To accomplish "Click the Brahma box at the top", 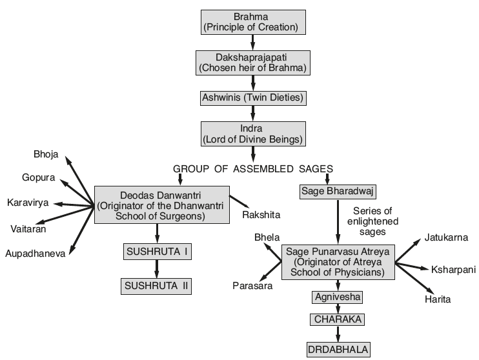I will [x=252, y=21].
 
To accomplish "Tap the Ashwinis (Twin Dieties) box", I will [x=252, y=98].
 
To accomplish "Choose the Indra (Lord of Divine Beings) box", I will [x=252, y=134].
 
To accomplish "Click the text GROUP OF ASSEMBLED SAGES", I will [x=252, y=169].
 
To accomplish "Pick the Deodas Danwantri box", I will [x=161, y=204].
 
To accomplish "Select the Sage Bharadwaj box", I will [x=338, y=192].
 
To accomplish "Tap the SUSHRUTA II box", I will [x=157, y=286].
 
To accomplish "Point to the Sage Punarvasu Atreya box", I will [x=338, y=262].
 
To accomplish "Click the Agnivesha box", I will [x=338, y=297].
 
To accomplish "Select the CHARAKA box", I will [x=338, y=319].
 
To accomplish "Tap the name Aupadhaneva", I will [x=35, y=254].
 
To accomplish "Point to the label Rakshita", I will [x=261, y=214].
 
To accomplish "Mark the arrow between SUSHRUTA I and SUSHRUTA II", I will [x=157, y=269].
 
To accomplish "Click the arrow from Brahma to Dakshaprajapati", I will [x=252, y=43].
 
